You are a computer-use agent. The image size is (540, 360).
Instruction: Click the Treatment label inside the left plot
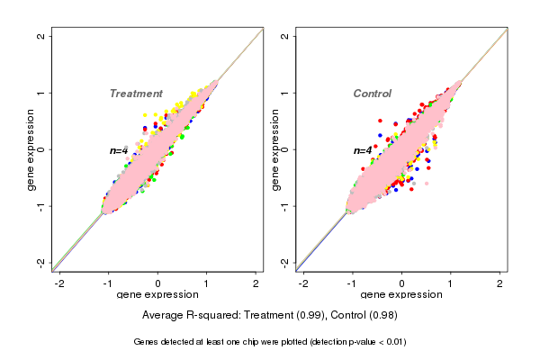click(x=136, y=94)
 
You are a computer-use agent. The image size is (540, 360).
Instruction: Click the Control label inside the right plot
click(x=372, y=94)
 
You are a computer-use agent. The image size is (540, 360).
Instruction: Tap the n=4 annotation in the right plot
click(x=363, y=151)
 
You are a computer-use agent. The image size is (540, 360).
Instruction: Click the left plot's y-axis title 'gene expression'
click(x=31, y=149)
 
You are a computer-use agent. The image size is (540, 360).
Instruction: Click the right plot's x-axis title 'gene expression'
click(x=401, y=295)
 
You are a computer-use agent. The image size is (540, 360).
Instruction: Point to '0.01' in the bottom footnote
click(x=393, y=342)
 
